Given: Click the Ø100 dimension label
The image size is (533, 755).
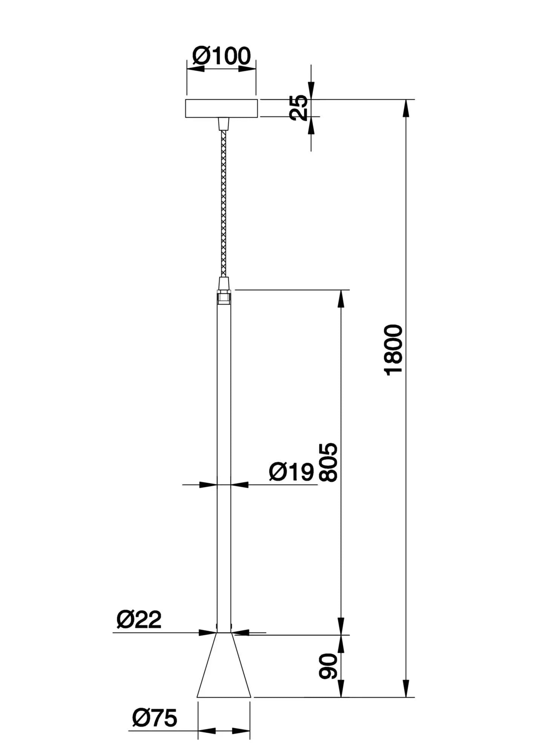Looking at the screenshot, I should (x=221, y=56).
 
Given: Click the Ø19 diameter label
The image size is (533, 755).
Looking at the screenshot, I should (x=291, y=472).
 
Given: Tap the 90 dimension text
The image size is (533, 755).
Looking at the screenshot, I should (x=328, y=667).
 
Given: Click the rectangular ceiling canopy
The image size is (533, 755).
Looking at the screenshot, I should (x=222, y=108).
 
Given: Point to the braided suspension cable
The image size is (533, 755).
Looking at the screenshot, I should (x=224, y=204).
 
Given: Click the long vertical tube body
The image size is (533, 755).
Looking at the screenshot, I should (x=224, y=453).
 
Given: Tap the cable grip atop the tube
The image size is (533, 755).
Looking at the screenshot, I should (x=224, y=283).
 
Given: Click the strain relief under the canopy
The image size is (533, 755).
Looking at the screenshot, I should (x=224, y=124).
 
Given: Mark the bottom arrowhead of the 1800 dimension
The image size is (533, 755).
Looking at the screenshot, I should (x=406, y=689).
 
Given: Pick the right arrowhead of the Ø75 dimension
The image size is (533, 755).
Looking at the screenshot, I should (x=241, y=731).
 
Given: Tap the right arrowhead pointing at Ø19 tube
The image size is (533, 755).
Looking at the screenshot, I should (x=239, y=485).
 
